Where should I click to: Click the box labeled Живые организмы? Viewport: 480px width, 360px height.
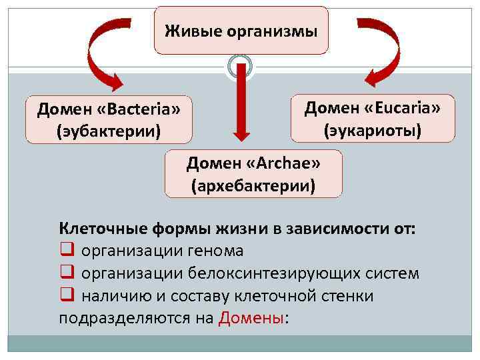pyautogui.click(x=241, y=31)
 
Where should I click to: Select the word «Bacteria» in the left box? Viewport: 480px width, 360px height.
pyautogui.click(x=142, y=109)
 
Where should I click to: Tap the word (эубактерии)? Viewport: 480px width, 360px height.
pyautogui.click(x=109, y=130)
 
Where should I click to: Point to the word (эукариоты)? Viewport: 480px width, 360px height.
pyautogui.click(x=373, y=129)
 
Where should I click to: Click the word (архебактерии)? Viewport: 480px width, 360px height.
pyautogui.click(x=253, y=184)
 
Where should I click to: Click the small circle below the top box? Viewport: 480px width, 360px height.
pyautogui.click(x=240, y=66)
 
